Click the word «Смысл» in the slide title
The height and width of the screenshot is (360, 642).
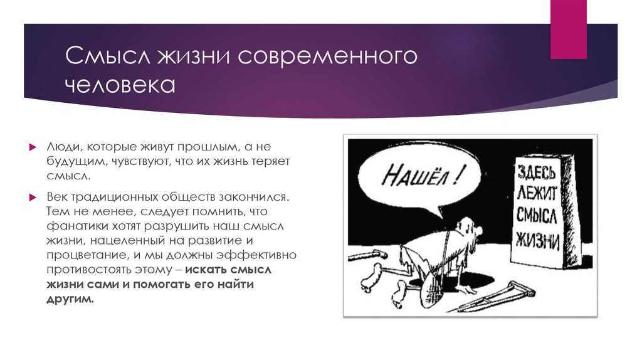108,56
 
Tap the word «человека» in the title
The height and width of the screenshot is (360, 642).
120,85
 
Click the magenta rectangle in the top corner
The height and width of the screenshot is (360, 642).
568,29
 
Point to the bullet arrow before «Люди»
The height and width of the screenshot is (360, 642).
33,147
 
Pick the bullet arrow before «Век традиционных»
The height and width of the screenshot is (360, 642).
33,198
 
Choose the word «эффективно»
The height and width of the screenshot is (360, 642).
256,255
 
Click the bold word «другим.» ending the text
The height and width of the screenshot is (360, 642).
70,299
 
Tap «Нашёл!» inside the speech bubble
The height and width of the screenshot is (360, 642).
423,174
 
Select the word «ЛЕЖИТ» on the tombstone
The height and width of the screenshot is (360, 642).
537,193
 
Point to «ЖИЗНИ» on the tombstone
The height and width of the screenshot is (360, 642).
537,240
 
